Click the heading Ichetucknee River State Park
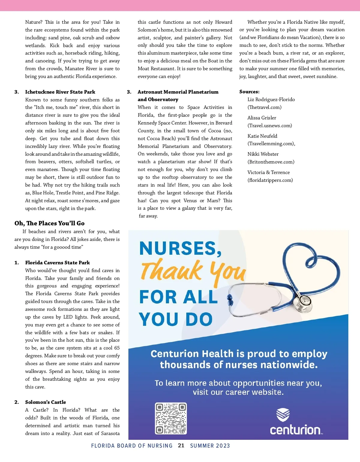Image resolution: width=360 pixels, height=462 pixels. [60, 92]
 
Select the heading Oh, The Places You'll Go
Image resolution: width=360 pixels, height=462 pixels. [49, 223]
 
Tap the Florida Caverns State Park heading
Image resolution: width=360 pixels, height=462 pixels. [57, 262]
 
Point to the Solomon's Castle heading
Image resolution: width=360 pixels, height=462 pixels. [46, 402]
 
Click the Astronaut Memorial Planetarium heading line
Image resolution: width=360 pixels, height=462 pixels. [178, 92]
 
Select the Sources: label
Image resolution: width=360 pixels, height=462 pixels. [249, 91]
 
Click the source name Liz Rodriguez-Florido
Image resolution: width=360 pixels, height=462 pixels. [271, 99]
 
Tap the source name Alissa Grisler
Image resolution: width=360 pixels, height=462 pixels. [262, 118]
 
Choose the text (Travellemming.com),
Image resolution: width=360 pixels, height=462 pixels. [271, 144]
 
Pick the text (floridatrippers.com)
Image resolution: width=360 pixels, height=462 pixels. [270, 180]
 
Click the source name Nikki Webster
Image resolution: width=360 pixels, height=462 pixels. [263, 154]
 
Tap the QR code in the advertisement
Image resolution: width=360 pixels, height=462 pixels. [171, 418]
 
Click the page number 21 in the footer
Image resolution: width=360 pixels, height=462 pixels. [181, 445]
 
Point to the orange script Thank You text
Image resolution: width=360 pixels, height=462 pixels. [193, 271]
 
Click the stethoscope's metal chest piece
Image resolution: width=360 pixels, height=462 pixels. [305, 300]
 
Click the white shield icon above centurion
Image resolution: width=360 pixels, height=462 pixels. [283, 415]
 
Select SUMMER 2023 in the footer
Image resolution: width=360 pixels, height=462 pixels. [210, 446]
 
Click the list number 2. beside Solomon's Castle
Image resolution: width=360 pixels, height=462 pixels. [16, 402]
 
